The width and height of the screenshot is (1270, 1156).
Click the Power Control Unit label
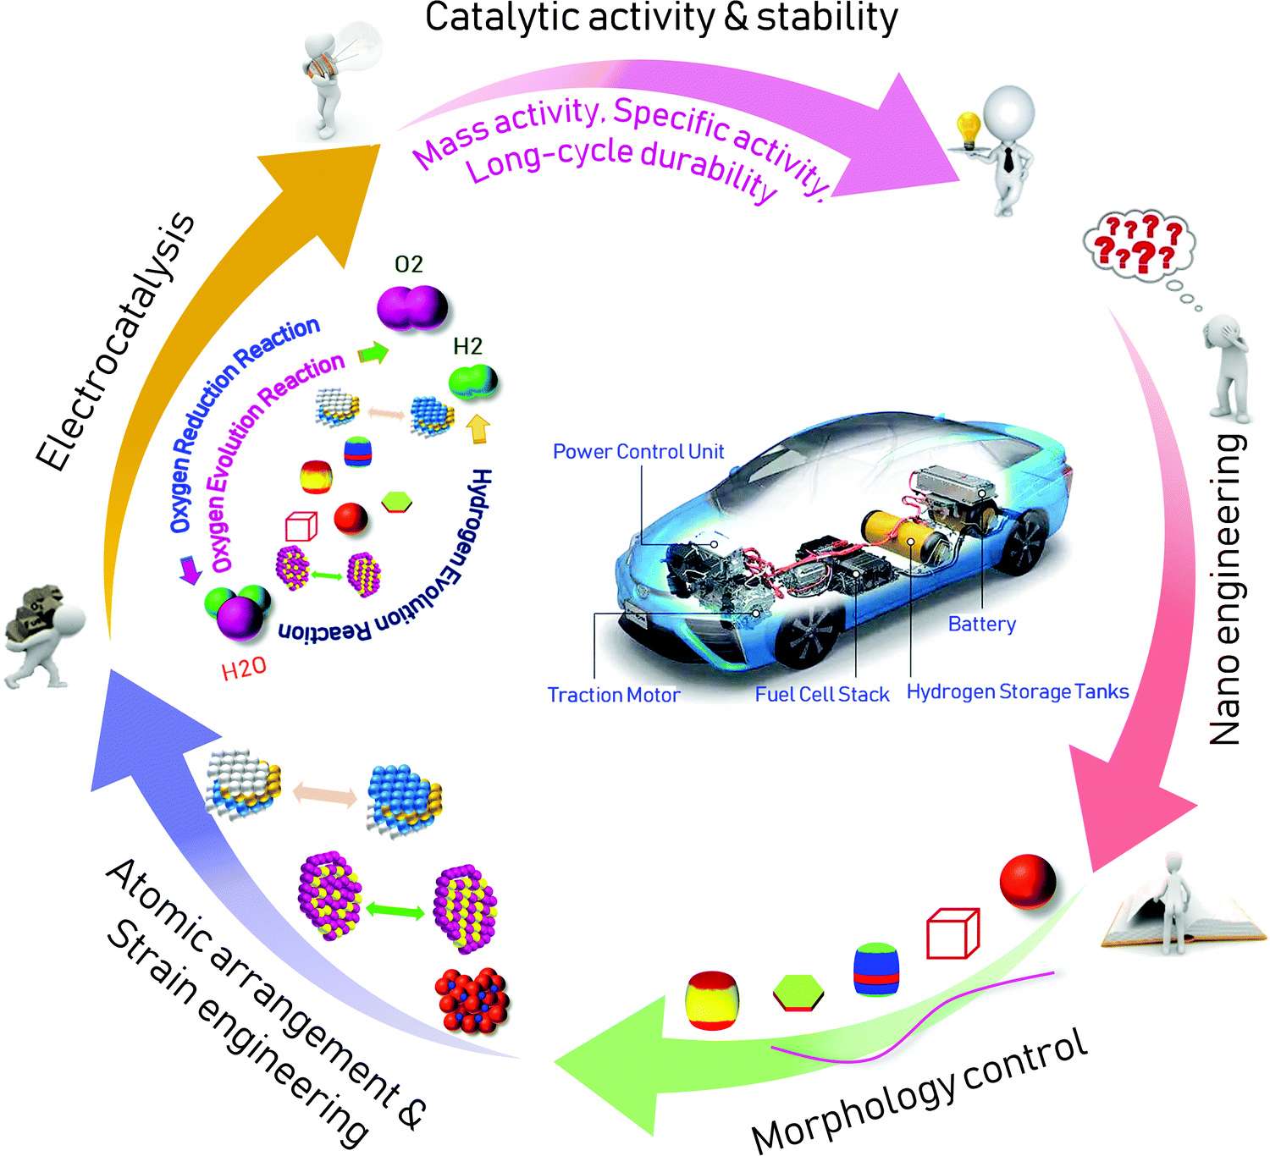(638, 452)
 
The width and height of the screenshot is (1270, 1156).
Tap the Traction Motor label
(613, 695)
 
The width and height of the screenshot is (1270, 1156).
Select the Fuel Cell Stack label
(821, 695)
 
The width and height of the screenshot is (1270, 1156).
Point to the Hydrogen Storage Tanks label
(1018, 691)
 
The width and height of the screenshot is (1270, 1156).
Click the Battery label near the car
(981, 625)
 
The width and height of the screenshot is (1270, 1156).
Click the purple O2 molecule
(412, 307)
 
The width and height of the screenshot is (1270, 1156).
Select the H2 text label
(467, 347)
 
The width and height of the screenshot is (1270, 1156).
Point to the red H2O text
(244, 669)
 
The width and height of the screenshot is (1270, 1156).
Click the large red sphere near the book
(1027, 882)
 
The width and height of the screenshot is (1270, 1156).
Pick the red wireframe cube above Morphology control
(952, 934)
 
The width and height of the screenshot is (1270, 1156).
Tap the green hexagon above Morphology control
(798, 993)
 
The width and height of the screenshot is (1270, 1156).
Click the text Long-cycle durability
(621, 165)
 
